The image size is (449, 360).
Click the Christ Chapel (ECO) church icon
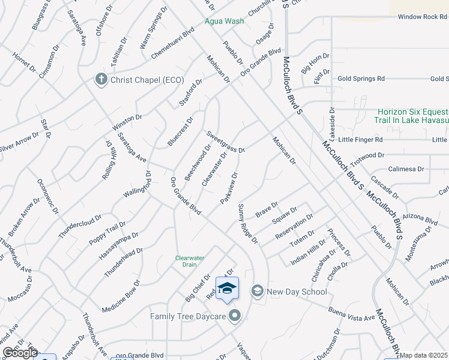101,79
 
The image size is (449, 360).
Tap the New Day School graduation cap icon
257,292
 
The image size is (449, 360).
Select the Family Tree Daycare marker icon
234,315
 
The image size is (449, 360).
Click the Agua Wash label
224,21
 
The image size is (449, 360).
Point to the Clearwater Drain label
190,261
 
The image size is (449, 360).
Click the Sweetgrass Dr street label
226,142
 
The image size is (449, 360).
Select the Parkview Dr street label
229,188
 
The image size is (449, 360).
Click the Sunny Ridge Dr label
247,224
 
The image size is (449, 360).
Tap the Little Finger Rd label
360,139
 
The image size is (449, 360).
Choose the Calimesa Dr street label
406,169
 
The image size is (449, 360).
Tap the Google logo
20,353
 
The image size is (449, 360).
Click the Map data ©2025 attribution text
424,355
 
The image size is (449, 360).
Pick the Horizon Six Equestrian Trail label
413,116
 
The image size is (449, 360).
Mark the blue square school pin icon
227,289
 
